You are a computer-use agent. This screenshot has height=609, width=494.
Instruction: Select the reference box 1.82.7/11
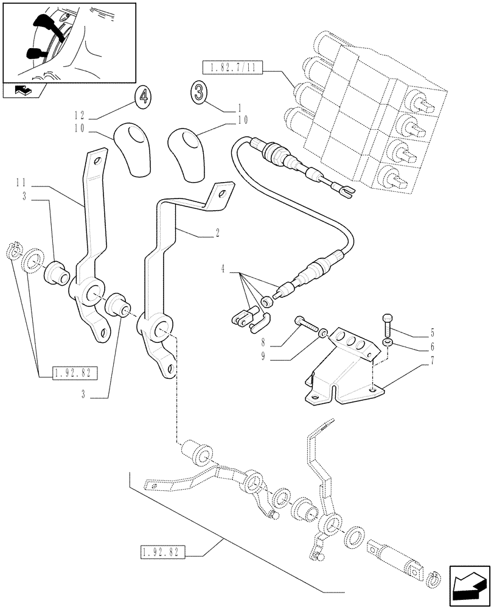(x=230, y=67)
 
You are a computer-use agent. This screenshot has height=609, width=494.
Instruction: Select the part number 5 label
(x=433, y=333)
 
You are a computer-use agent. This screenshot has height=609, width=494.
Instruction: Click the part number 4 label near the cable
(x=223, y=269)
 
